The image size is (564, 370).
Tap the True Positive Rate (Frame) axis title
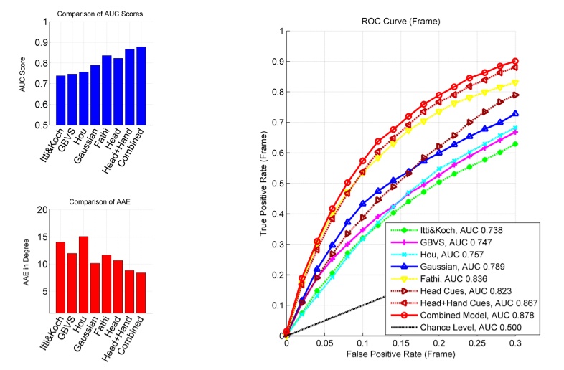[x=263, y=183]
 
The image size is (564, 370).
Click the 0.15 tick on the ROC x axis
[x=400, y=344]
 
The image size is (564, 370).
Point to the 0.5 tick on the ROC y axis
[x=277, y=184]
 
